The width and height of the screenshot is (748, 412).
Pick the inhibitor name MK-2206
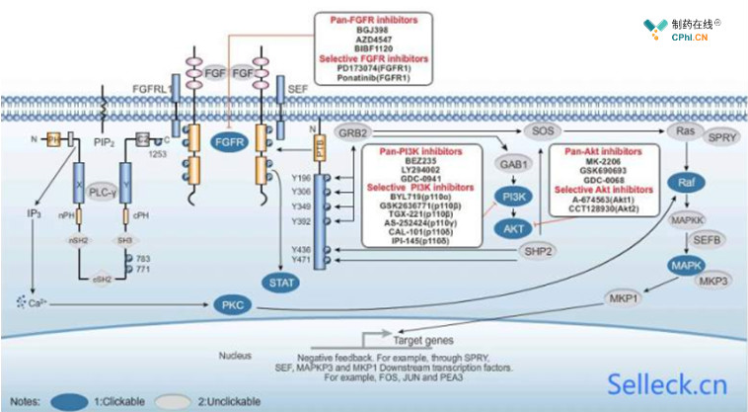(x=600, y=161)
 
